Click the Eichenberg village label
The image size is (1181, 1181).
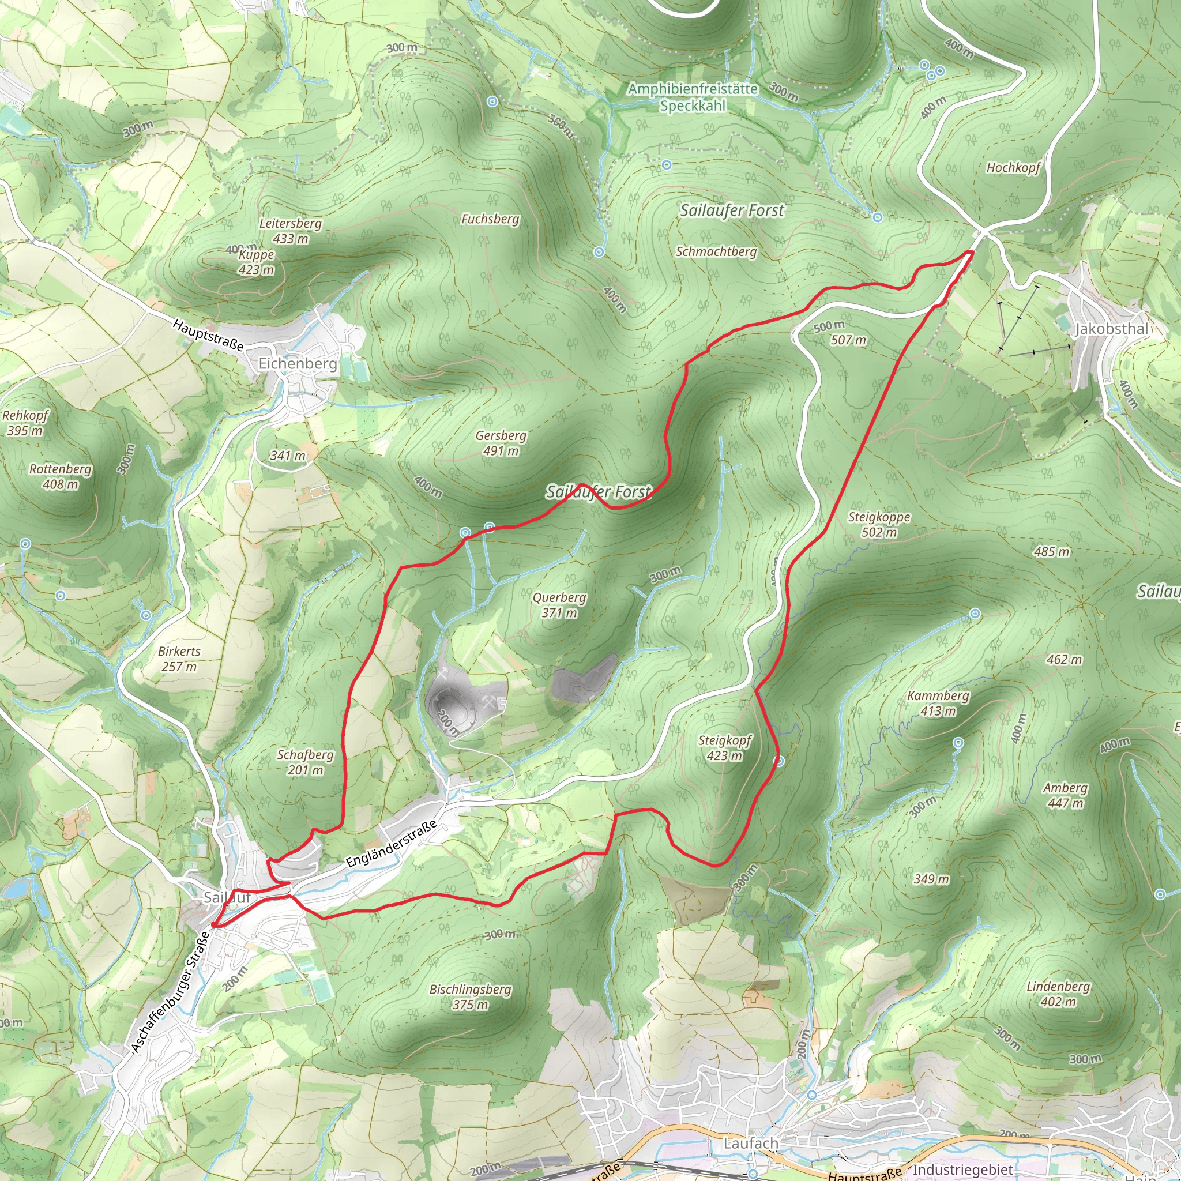point(298,364)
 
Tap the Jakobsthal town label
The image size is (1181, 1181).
point(1111,329)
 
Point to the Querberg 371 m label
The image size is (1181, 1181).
point(559,605)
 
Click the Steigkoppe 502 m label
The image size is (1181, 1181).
point(879,525)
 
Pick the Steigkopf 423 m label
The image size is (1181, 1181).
point(724,747)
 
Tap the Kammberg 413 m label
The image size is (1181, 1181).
point(938,703)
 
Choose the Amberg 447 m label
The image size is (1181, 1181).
point(1065,795)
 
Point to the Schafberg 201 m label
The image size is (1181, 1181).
point(305,762)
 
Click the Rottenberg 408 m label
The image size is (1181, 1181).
point(61,477)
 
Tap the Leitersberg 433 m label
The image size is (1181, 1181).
point(291,231)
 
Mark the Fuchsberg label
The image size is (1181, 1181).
point(490,219)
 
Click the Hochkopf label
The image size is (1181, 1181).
point(1013,167)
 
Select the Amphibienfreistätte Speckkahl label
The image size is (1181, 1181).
point(693,97)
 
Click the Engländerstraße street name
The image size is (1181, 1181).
point(391,844)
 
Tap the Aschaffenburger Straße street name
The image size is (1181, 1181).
point(171,993)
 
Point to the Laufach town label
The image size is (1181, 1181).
point(751,1142)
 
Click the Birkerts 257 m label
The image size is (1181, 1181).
point(179,659)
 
